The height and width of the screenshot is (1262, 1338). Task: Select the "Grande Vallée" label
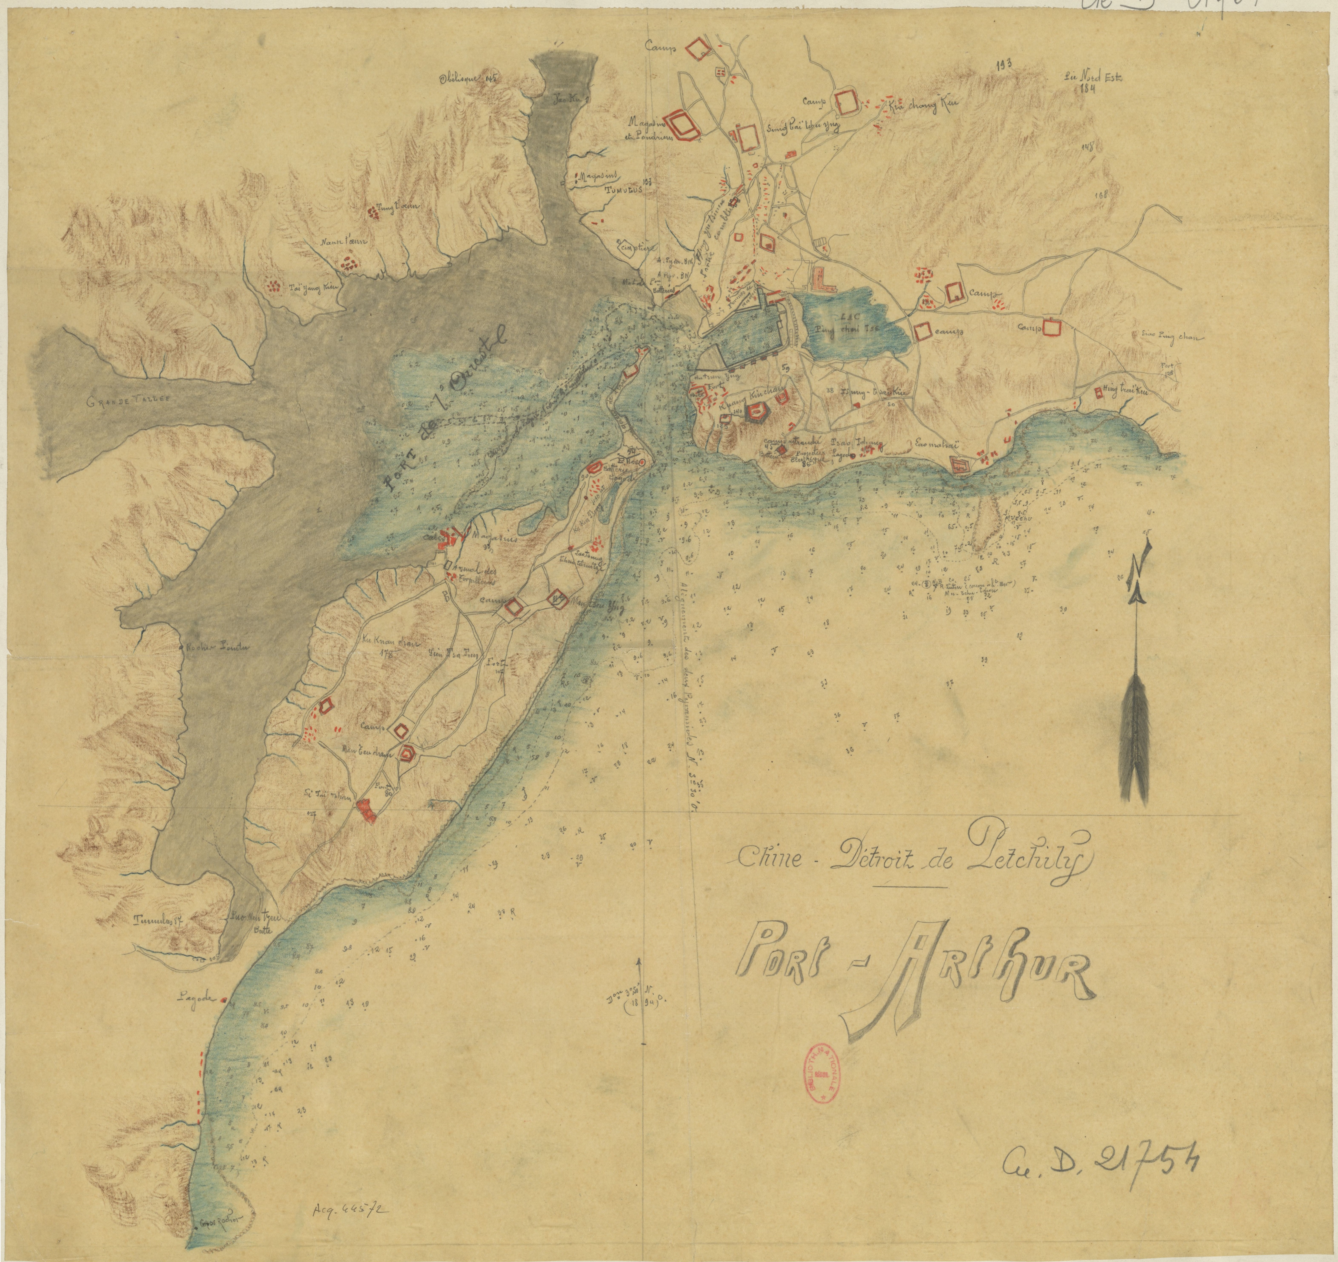[129, 402]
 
